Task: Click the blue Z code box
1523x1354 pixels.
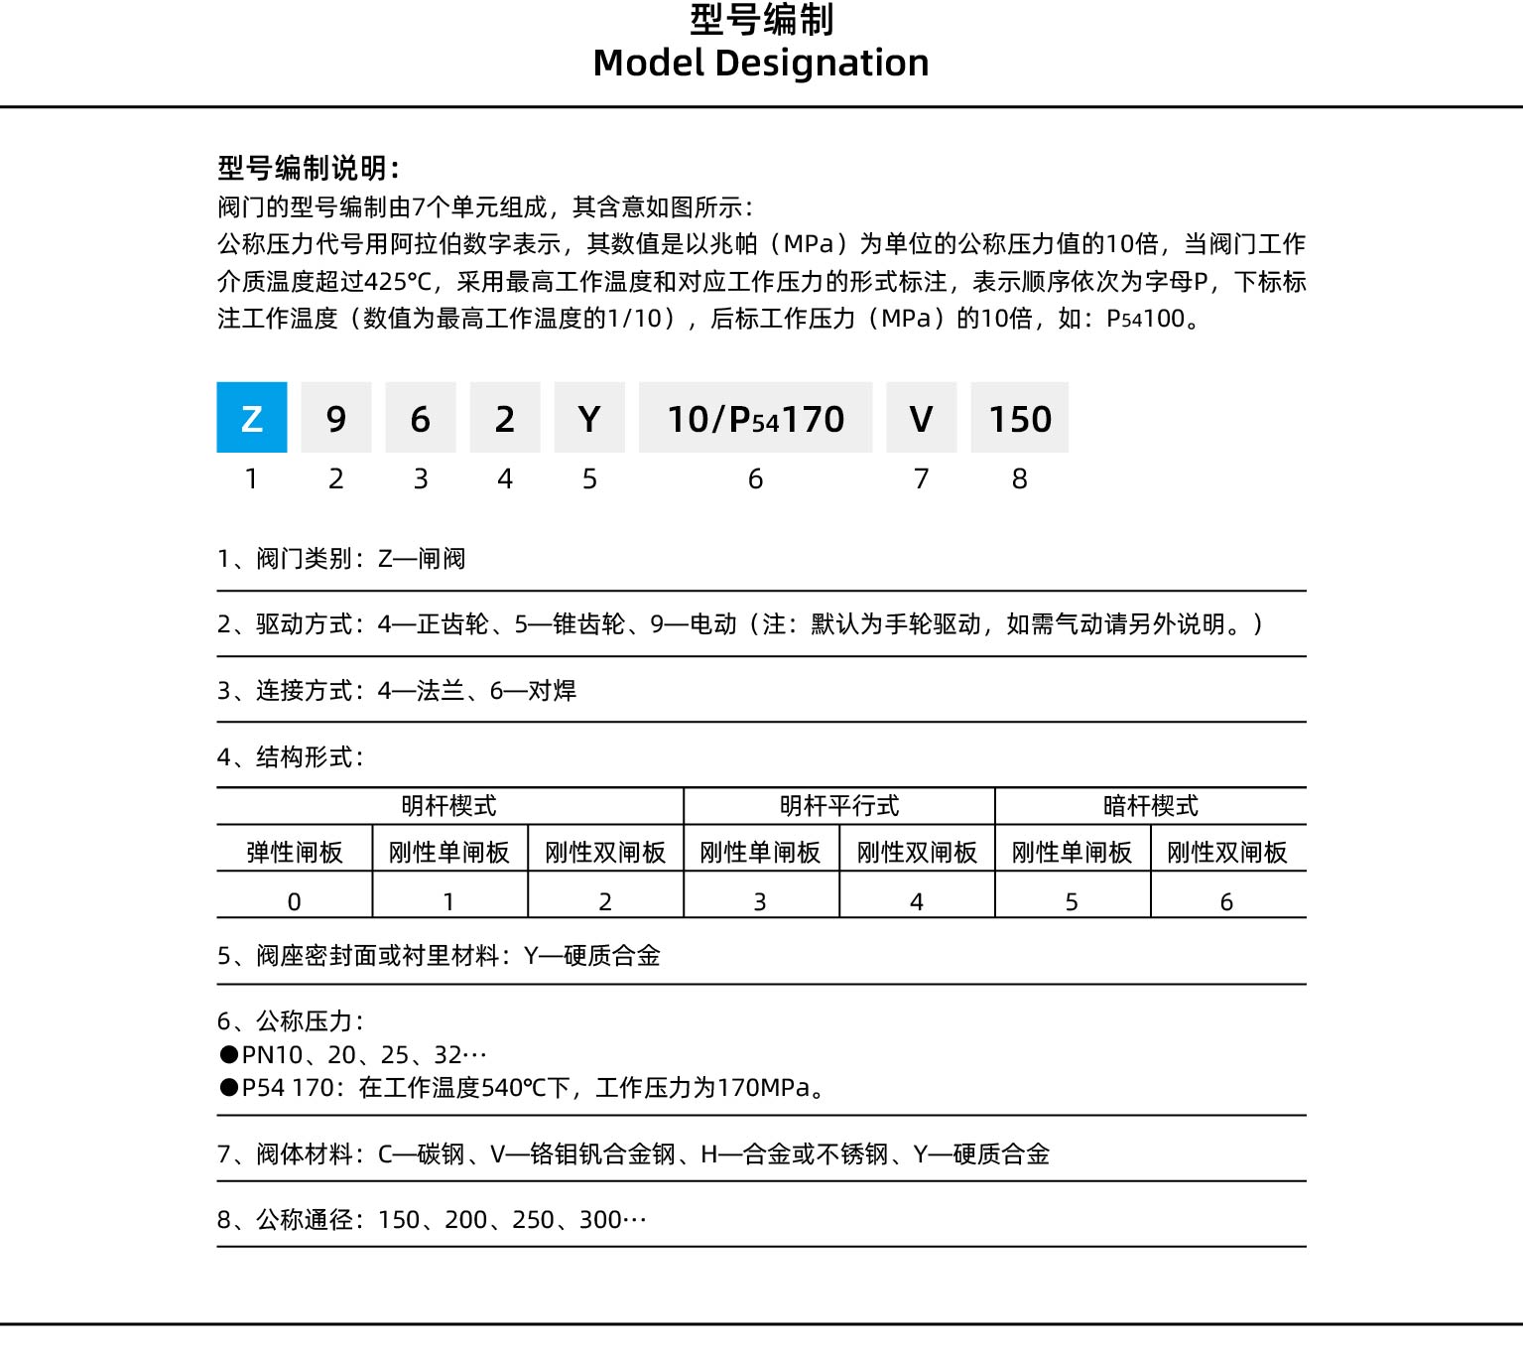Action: point(252,418)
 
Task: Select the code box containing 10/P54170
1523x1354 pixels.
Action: point(755,418)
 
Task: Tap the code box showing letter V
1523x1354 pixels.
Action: point(921,418)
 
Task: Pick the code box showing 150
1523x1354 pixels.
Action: point(1019,418)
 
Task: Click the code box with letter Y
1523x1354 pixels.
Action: point(589,418)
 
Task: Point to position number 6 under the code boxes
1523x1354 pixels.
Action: point(755,479)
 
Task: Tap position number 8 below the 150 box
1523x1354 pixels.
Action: point(1019,479)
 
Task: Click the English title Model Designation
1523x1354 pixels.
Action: point(761,63)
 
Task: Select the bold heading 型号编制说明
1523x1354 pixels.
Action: point(309,168)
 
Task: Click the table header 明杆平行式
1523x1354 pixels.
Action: point(839,806)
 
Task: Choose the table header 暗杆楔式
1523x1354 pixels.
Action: point(1150,806)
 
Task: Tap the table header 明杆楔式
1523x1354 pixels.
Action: point(449,806)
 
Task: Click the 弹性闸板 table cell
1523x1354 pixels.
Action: point(295,852)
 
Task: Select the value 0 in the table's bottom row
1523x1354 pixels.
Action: point(295,901)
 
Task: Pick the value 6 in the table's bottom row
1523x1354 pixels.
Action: point(1226,901)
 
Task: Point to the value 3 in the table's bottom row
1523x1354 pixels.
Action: point(760,901)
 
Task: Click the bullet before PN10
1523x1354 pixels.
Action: point(229,1054)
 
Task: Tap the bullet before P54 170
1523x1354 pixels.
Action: point(229,1088)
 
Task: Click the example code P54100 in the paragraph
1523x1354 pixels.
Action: point(1146,319)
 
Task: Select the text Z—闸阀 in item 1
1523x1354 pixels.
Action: point(422,559)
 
